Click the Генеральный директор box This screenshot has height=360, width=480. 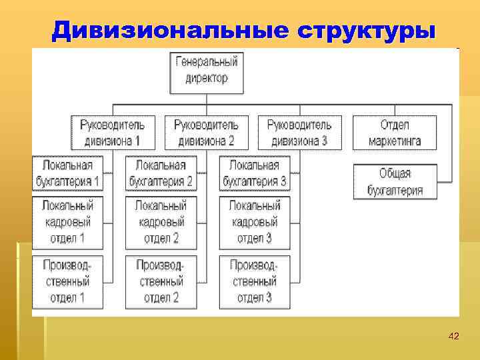pyautogui.click(x=207, y=70)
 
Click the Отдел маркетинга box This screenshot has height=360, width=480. pyautogui.click(x=395, y=133)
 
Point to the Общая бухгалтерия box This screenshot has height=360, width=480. pyautogui.click(x=395, y=181)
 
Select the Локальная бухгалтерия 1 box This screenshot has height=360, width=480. pyautogui.click(x=67, y=173)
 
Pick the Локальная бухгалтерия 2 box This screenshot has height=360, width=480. pyautogui.click(x=161, y=173)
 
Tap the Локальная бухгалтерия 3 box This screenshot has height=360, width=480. pyautogui.click(x=255, y=173)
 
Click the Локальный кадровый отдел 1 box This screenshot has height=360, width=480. pyautogui.click(x=67, y=222)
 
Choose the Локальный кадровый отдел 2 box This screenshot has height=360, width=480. pyautogui.click(x=161, y=222)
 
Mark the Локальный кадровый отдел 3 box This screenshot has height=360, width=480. pyautogui.click(x=255, y=222)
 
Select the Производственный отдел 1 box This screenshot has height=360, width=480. pyautogui.click(x=67, y=281)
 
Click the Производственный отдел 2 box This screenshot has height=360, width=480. pyautogui.click(x=161, y=281)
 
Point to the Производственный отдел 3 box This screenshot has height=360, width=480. pyautogui.click(x=255, y=281)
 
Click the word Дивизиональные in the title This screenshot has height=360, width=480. pyautogui.click(x=167, y=30)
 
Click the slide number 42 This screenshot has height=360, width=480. pyautogui.click(x=454, y=335)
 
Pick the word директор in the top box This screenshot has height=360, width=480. pyautogui.click(x=207, y=78)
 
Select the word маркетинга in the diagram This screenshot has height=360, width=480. pyautogui.click(x=395, y=141)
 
